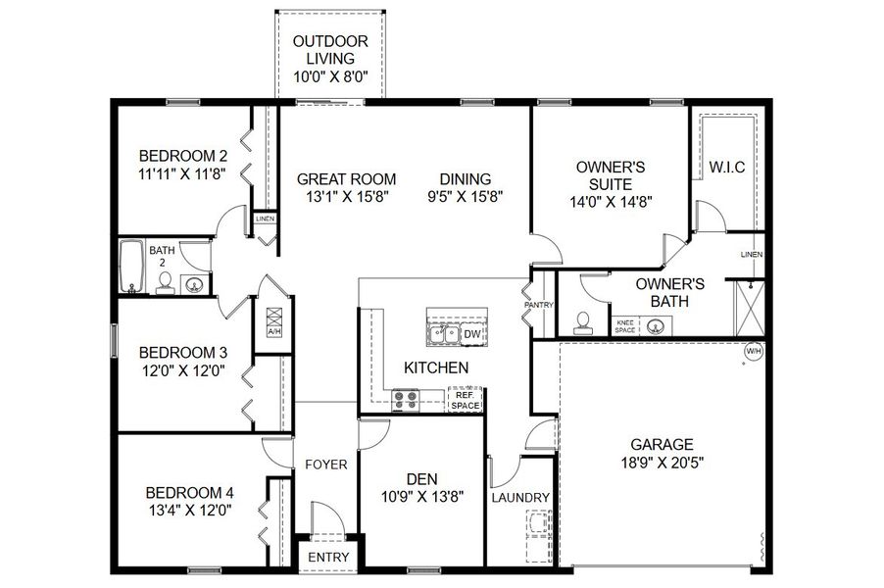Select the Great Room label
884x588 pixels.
pos(346,179)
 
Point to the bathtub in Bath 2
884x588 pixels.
pos(130,267)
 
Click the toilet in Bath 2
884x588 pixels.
pos(164,283)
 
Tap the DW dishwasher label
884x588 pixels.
pos(471,335)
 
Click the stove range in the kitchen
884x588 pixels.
pos(405,399)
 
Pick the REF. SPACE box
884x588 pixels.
pos(466,400)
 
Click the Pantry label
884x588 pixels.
pos(539,305)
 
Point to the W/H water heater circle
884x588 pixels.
pos(754,351)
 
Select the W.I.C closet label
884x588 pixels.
pos(726,168)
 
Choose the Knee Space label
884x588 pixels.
pos(626,325)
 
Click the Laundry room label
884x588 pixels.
pos(520,498)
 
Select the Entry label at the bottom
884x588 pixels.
pos(328,557)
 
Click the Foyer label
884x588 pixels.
pos(326,464)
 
